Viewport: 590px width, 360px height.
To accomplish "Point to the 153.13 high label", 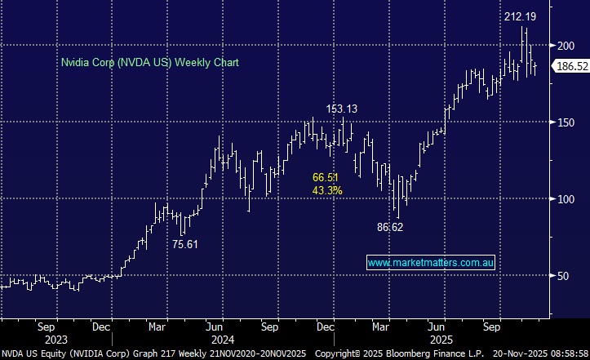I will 342,108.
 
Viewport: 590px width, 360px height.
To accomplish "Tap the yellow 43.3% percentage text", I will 328,190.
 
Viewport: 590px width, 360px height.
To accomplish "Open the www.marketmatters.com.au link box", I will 432,263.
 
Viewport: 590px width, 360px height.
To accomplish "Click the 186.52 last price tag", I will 572,66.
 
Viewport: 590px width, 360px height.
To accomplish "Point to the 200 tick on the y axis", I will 566,46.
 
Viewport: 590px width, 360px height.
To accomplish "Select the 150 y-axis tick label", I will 566,122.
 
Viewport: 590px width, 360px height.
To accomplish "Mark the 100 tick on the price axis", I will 566,199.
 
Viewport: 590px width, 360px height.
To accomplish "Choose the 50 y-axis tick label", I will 563,276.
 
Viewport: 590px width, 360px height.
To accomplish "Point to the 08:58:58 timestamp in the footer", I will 567,353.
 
